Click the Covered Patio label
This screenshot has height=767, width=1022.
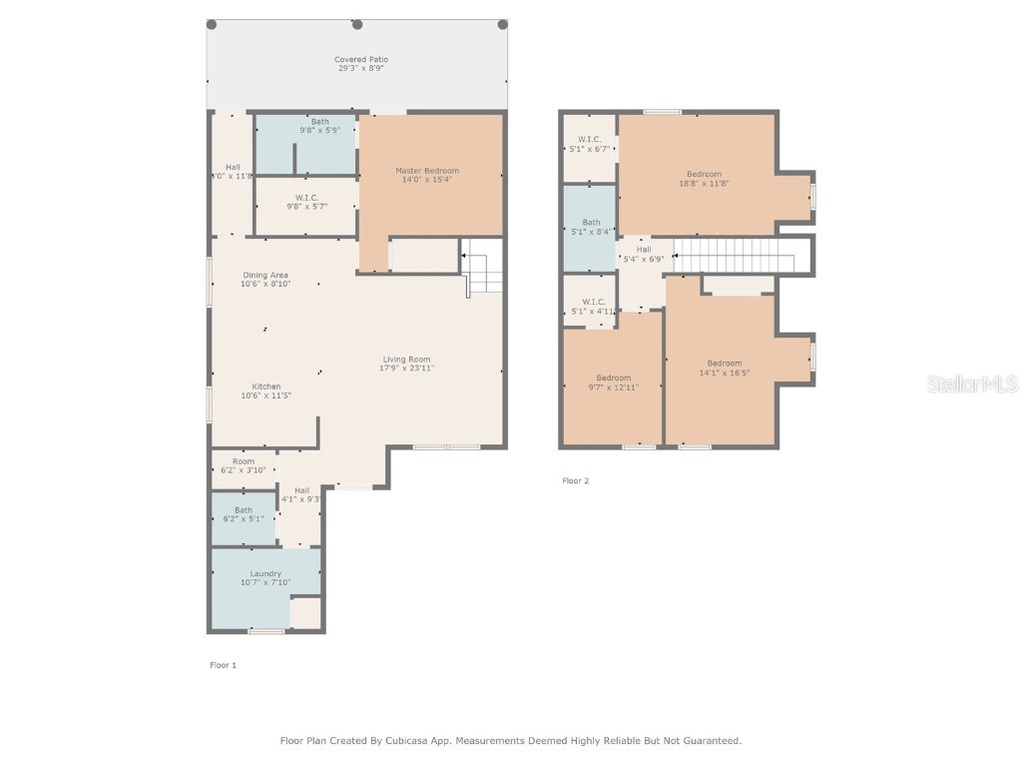[360, 60]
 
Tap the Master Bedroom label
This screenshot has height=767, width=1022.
[426, 171]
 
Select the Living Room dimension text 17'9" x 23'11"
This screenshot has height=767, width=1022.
[406, 368]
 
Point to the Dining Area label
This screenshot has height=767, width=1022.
[264, 275]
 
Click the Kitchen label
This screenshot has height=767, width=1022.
[265, 386]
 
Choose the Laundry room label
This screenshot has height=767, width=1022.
[265, 573]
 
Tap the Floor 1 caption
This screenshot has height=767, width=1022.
[223, 665]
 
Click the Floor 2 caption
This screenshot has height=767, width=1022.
[576, 481]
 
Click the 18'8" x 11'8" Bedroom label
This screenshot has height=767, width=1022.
[703, 174]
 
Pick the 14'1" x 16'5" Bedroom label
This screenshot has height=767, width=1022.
[724, 363]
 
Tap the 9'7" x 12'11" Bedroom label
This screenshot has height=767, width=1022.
[613, 378]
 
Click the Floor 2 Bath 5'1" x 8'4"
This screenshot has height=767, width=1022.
[591, 223]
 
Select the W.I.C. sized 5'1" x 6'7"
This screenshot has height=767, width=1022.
[589, 140]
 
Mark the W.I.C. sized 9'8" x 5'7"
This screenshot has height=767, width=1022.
[306, 198]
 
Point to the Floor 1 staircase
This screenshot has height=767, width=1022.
[483, 268]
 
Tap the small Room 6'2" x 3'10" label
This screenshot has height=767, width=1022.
[244, 461]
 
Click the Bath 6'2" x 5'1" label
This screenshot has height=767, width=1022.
[244, 510]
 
